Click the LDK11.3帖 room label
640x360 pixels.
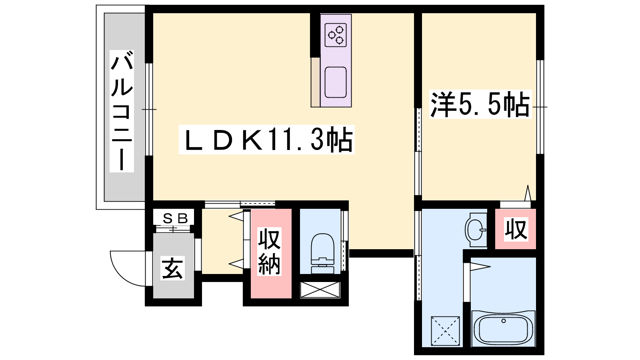(x=266, y=140)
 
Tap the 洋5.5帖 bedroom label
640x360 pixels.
(x=480, y=104)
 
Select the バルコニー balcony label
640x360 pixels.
(x=122, y=111)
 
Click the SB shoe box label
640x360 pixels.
(x=174, y=218)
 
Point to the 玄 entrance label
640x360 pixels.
(x=172, y=268)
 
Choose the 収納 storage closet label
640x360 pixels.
(x=269, y=252)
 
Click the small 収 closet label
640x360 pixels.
(x=516, y=229)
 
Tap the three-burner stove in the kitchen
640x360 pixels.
(x=336, y=35)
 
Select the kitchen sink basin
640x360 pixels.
(x=336, y=82)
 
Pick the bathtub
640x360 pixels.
(x=503, y=328)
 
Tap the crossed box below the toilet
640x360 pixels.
(x=320, y=290)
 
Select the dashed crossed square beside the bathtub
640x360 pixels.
(x=445, y=331)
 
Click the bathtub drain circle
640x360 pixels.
(x=504, y=321)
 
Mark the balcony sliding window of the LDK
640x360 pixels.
(x=149, y=110)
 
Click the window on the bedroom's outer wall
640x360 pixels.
(x=540, y=107)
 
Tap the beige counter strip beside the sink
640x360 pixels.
(x=316, y=82)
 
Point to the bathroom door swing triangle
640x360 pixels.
(x=480, y=267)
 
